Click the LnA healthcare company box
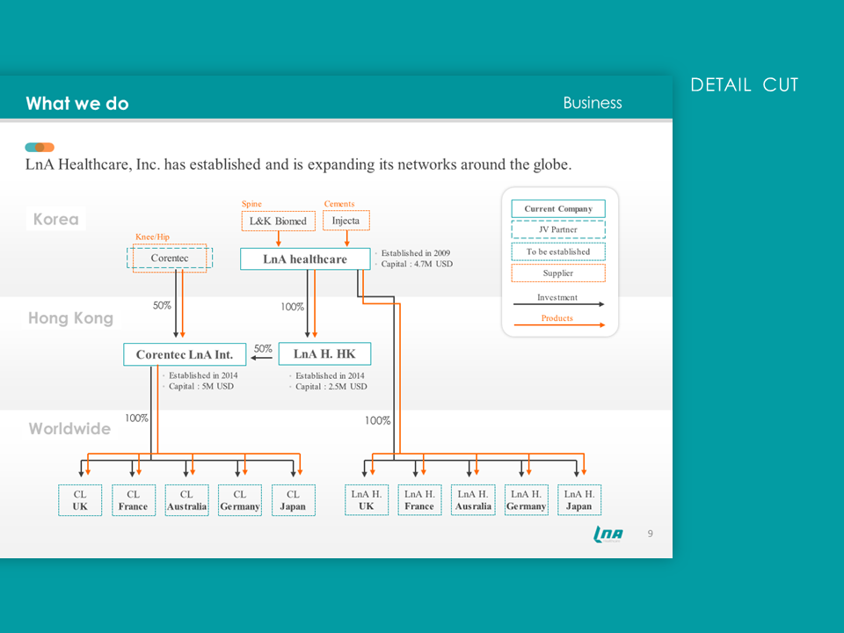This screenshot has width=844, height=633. click(305, 258)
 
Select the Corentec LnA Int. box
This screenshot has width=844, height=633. click(185, 354)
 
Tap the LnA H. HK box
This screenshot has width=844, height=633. click(324, 354)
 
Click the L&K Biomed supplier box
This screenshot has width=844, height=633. click(279, 222)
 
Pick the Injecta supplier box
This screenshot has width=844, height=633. click(346, 221)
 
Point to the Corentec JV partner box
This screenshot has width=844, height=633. click(170, 258)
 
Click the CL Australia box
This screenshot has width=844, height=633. click(186, 500)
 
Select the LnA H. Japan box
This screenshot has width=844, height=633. click(579, 500)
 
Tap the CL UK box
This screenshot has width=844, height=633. click(80, 500)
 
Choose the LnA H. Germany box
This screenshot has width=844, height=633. click(527, 500)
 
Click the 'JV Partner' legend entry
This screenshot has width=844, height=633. click(558, 229)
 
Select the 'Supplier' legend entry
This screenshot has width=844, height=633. click(558, 273)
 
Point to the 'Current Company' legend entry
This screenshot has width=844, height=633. click(558, 209)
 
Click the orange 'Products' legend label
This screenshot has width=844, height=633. click(557, 318)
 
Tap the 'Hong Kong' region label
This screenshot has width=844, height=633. click(71, 318)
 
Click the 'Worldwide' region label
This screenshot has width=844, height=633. click(70, 428)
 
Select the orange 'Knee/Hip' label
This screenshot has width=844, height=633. click(152, 236)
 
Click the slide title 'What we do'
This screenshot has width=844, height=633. click(77, 104)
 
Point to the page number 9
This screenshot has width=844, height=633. click(651, 534)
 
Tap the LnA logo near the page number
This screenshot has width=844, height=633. click(608, 534)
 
